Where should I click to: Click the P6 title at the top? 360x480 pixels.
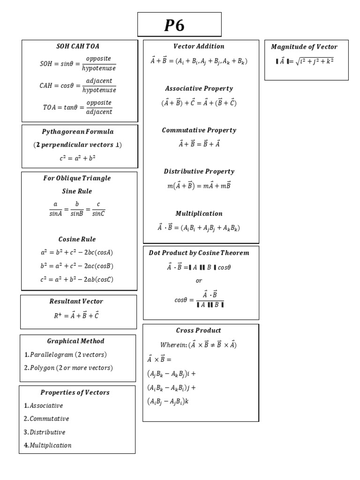point(174,25)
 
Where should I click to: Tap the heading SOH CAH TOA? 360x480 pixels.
point(78,46)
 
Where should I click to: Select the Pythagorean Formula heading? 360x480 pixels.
point(78,132)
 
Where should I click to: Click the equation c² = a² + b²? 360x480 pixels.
point(78,158)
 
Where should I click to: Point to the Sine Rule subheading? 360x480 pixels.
point(77,191)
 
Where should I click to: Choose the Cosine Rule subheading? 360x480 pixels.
point(77,239)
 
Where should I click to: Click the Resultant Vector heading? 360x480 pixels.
point(76,301)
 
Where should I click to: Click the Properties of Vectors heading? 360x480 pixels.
point(75,392)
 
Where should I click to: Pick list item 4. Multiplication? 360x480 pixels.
point(48,445)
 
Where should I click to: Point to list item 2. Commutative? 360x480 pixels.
point(46,419)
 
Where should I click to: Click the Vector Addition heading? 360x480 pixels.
point(199,46)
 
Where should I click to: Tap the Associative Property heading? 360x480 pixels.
point(199,89)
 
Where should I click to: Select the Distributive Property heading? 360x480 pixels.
point(199,172)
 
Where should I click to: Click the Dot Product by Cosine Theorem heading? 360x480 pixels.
point(199,253)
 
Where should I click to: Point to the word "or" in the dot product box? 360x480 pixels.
point(199,281)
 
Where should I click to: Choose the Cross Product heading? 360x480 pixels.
point(199,330)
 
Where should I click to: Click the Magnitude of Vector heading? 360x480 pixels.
point(304,47)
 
